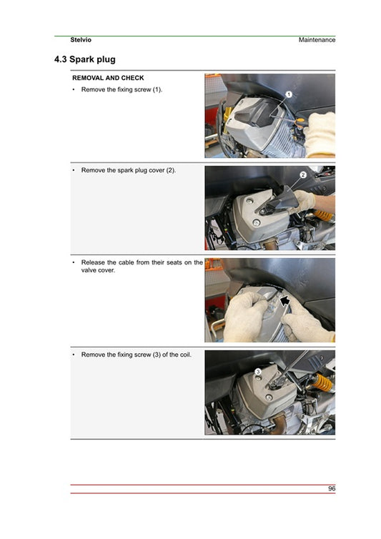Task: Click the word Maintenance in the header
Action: point(317,40)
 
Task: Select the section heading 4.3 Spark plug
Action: point(84,59)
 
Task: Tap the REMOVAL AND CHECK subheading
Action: point(108,78)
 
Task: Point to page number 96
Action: point(331,488)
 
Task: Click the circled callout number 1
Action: point(289,94)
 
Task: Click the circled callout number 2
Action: point(302,174)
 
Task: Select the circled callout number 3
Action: point(257,371)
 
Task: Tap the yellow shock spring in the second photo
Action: point(322,214)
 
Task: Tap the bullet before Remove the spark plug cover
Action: point(74,170)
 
